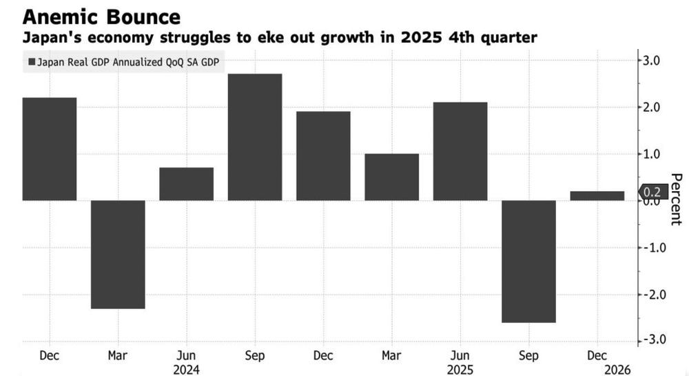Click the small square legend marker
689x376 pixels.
click(32, 63)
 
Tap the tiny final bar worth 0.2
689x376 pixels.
click(597, 196)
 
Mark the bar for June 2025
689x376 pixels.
click(460, 151)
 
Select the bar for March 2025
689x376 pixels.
click(391, 177)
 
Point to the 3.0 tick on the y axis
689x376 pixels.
click(651, 61)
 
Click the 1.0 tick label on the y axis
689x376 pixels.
click(651, 154)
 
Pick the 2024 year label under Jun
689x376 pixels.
click(186, 370)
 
